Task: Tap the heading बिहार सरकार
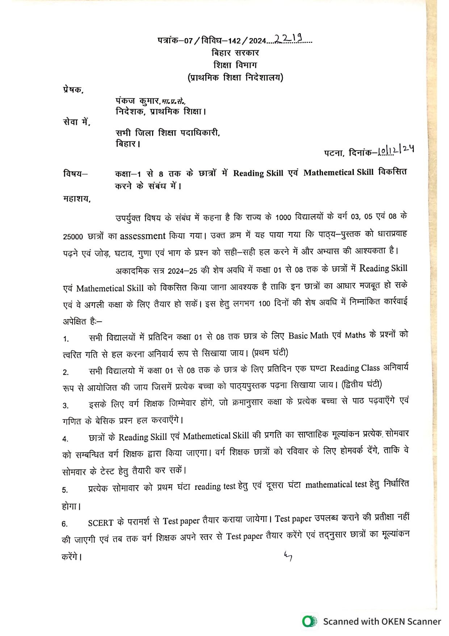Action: click(x=235, y=53)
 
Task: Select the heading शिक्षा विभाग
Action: click(x=235, y=65)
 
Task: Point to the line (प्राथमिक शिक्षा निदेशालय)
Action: click(x=235, y=78)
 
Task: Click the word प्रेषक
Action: click(x=73, y=90)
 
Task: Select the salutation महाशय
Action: click(x=76, y=199)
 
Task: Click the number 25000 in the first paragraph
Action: click(x=73, y=237)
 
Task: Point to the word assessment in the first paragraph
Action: click(x=143, y=236)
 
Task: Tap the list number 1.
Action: click(x=66, y=339)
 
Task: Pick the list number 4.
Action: click(x=65, y=439)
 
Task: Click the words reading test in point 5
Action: click(x=215, y=487)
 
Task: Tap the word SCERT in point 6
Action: click(x=101, y=523)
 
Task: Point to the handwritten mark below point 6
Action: click(x=288, y=556)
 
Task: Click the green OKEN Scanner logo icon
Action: click(x=309, y=621)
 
